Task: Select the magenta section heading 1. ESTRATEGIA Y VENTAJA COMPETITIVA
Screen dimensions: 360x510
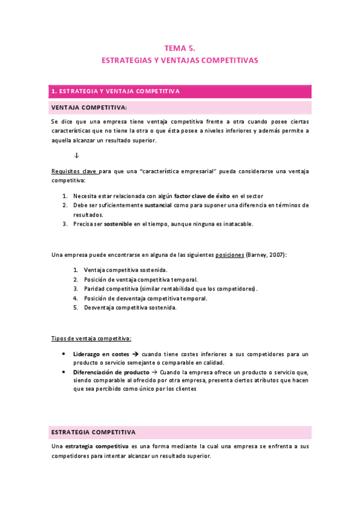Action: coord(116,91)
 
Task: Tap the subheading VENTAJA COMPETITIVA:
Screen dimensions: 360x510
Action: coord(89,108)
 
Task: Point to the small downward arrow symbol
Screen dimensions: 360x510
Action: coord(76,155)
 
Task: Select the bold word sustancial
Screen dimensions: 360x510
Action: coord(158,205)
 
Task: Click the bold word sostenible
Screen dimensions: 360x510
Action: coord(118,224)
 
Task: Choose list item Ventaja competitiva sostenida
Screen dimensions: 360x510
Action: coord(126,270)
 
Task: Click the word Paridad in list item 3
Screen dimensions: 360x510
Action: coord(94,289)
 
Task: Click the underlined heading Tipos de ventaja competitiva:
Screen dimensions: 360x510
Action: coord(91,338)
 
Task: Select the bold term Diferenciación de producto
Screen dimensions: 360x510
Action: coord(111,372)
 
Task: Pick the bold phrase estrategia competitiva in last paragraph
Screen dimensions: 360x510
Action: coord(97,446)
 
